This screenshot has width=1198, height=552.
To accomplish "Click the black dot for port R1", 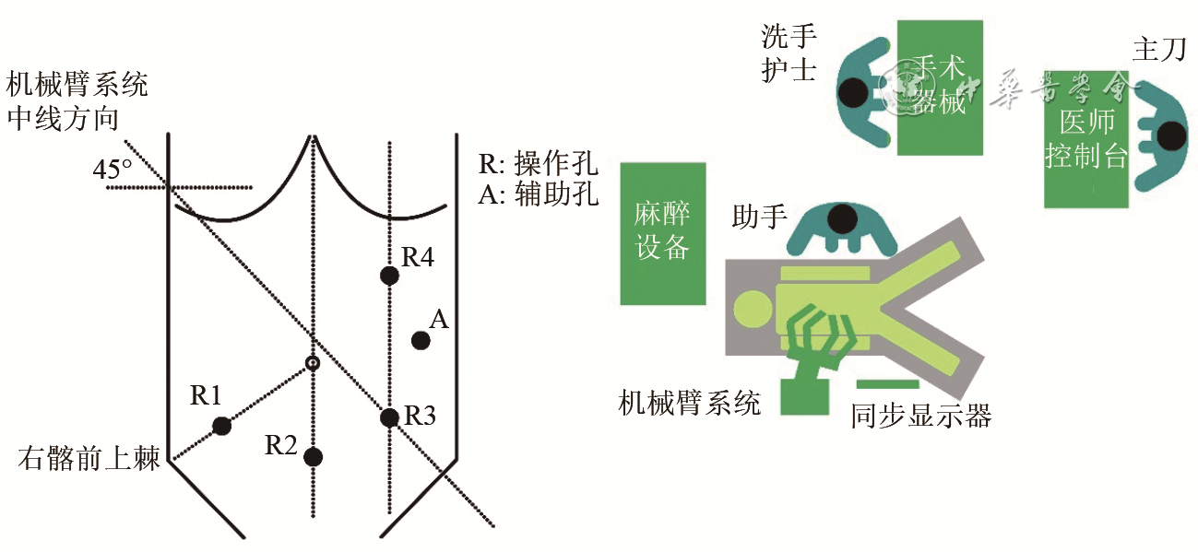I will point(221,425).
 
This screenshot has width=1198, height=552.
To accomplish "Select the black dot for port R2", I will point(314,456).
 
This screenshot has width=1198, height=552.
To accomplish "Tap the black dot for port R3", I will point(389,417).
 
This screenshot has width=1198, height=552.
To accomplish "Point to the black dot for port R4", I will point(389,275).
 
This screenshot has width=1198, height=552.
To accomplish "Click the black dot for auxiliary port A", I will point(421,340).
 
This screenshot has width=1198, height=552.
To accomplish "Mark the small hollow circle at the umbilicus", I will point(314,363).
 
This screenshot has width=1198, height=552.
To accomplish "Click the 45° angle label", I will point(113,170).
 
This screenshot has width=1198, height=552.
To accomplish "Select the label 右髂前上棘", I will point(89,459).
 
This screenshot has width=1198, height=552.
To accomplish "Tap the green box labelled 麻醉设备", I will point(663,233).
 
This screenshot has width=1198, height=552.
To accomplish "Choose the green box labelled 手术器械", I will point(939,88).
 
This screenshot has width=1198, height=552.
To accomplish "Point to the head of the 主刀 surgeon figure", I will point(1172,136).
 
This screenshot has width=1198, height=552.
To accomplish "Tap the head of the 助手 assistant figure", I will point(841,219).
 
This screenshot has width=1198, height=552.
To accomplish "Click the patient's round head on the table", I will point(752,305).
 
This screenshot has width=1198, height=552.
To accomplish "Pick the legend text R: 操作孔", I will point(539,165).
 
